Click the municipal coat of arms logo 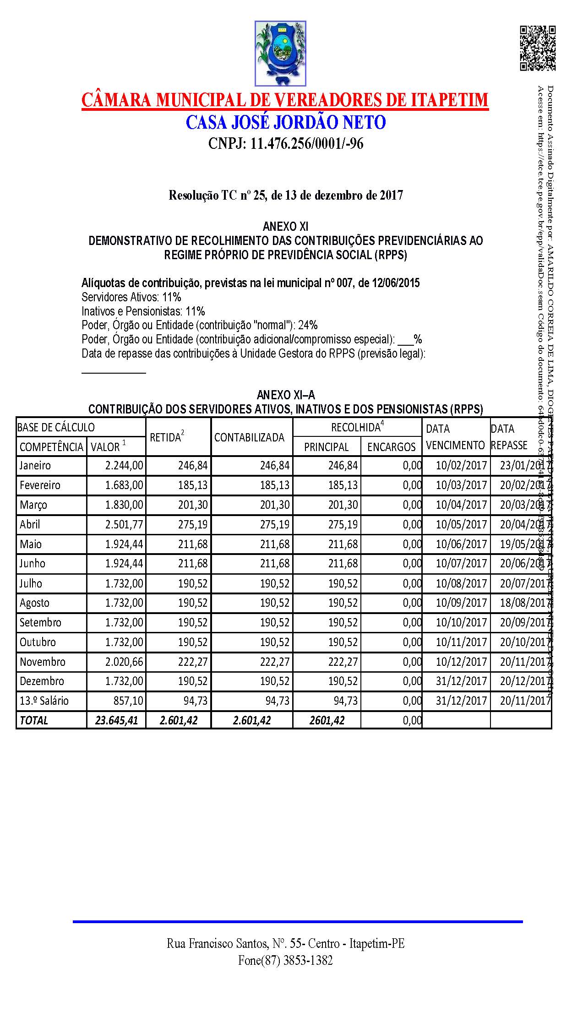tap(280, 54)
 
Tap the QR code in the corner tap(537, 48)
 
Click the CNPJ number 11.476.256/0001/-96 tap(285, 144)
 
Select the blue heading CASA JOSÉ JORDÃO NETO tap(285, 122)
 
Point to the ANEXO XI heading tap(285, 226)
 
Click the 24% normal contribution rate tap(308, 325)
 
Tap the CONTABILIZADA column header tap(250, 437)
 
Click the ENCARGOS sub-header tap(391, 447)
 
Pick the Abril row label tap(30, 524)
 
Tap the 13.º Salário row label tap(44, 701)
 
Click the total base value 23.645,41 tap(117, 720)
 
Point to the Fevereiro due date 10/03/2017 tap(461, 485)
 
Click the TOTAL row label tap(34, 720)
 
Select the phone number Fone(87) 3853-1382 tap(285, 961)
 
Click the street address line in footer tap(285, 944)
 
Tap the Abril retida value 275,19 tap(193, 524)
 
